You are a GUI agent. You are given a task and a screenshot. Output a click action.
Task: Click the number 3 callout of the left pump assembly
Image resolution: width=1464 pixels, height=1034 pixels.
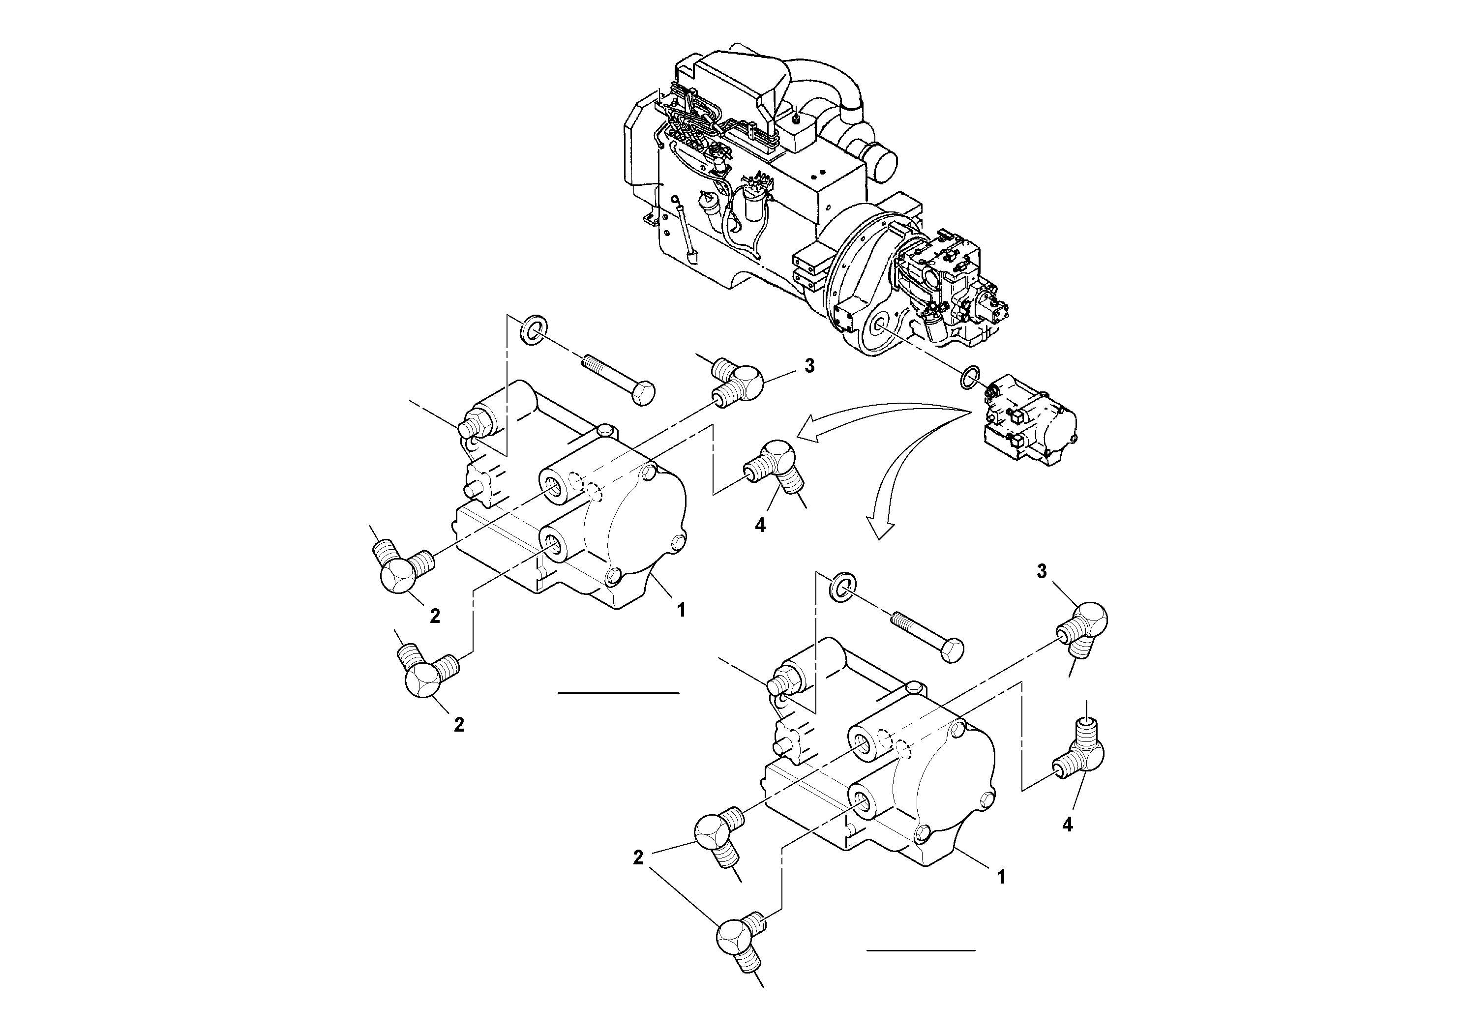[x=809, y=367]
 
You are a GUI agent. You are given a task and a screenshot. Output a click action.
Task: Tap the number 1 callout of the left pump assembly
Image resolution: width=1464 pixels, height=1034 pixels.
[x=681, y=610]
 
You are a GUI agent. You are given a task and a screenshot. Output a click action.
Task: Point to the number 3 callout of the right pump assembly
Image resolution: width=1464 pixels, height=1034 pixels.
[x=1041, y=572]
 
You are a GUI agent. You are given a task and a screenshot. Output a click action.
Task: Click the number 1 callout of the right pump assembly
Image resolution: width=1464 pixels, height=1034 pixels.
[x=1001, y=877]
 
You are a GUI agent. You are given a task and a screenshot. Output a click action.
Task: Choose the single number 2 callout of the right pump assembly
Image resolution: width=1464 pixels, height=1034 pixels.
[x=638, y=857]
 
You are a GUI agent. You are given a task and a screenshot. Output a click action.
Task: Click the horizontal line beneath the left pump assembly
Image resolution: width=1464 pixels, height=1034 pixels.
[x=618, y=692]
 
